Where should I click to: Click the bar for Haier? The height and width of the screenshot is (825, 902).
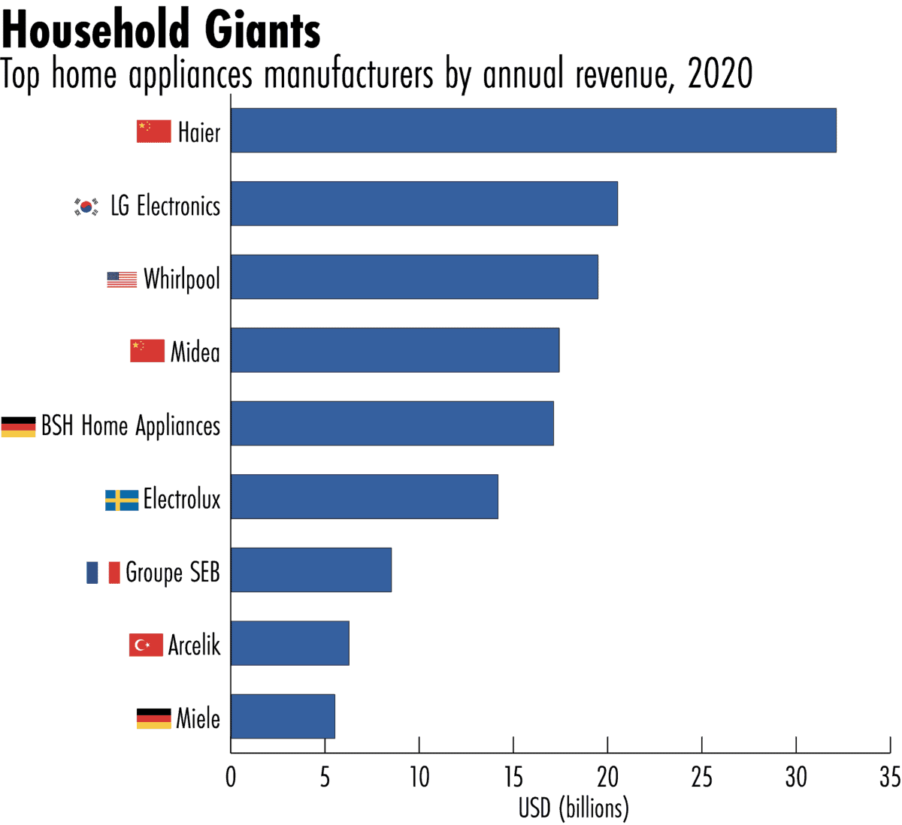(x=533, y=130)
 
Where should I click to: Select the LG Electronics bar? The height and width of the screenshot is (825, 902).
(x=424, y=203)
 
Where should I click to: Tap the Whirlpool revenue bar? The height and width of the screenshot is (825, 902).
(x=414, y=277)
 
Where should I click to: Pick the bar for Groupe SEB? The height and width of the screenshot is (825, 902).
(x=311, y=570)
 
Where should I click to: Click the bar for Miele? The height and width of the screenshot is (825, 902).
(x=283, y=716)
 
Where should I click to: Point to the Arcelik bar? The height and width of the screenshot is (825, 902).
(x=290, y=642)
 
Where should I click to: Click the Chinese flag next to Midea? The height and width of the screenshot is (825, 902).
(x=147, y=350)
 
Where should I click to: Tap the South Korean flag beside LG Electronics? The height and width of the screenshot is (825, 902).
(x=86, y=206)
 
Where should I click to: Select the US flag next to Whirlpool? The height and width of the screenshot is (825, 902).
(x=122, y=280)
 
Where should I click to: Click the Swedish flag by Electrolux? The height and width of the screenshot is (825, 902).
(x=122, y=500)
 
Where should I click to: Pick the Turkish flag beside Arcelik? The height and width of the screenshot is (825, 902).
(x=146, y=645)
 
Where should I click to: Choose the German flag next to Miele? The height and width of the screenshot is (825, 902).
(x=153, y=718)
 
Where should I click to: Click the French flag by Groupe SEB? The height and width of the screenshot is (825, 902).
(x=104, y=573)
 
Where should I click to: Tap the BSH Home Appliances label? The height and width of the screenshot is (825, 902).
(x=131, y=426)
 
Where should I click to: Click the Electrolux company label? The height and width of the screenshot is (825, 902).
(x=182, y=499)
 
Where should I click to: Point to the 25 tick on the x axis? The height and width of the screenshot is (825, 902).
(x=701, y=777)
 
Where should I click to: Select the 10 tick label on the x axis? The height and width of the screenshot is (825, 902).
(x=419, y=777)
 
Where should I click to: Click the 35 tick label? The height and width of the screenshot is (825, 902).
(x=889, y=777)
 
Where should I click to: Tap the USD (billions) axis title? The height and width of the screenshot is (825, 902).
(x=574, y=808)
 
